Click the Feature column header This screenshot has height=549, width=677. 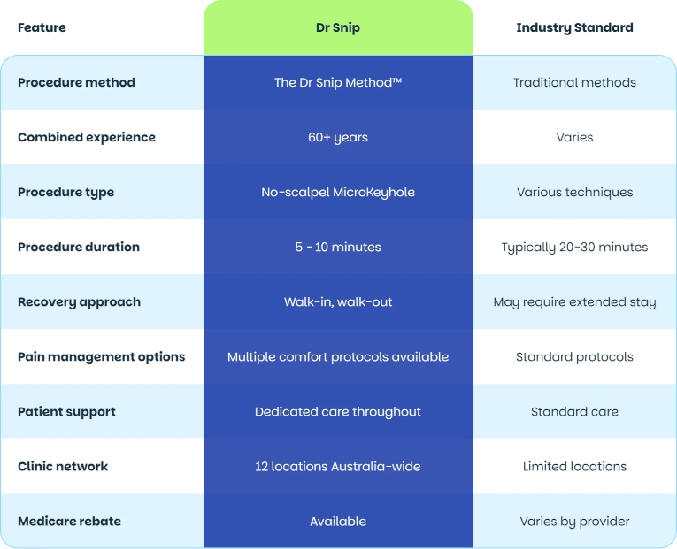pyautogui.click(x=42, y=27)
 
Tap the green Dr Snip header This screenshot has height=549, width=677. pyautogui.click(x=338, y=28)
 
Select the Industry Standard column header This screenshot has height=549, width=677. pyautogui.click(x=574, y=28)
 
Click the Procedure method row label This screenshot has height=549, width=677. pyautogui.click(x=76, y=82)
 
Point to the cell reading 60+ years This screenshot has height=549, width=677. pyautogui.click(x=338, y=138)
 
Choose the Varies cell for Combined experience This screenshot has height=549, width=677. pyautogui.click(x=574, y=137)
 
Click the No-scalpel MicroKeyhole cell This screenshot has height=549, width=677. pyautogui.click(x=338, y=193)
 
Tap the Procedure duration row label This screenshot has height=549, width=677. pyautogui.click(x=79, y=247)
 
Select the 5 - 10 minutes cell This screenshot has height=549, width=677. pyautogui.click(x=338, y=247)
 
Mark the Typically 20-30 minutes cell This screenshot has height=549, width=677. pyautogui.click(x=574, y=248)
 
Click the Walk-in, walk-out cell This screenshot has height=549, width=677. pyautogui.click(x=338, y=301)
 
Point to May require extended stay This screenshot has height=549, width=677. pyautogui.click(x=574, y=302)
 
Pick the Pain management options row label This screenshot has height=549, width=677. pyautogui.click(x=102, y=356)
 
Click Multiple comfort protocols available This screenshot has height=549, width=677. pyautogui.click(x=338, y=357)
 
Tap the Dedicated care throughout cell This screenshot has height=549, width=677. pyautogui.click(x=338, y=412)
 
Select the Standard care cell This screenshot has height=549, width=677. pyautogui.click(x=574, y=411)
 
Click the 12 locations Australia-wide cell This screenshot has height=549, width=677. pyautogui.click(x=338, y=466)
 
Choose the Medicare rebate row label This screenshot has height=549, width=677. pyautogui.click(x=70, y=521)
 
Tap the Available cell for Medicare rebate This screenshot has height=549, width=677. pyautogui.click(x=338, y=522)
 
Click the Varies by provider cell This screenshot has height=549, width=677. pyautogui.click(x=574, y=522)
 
